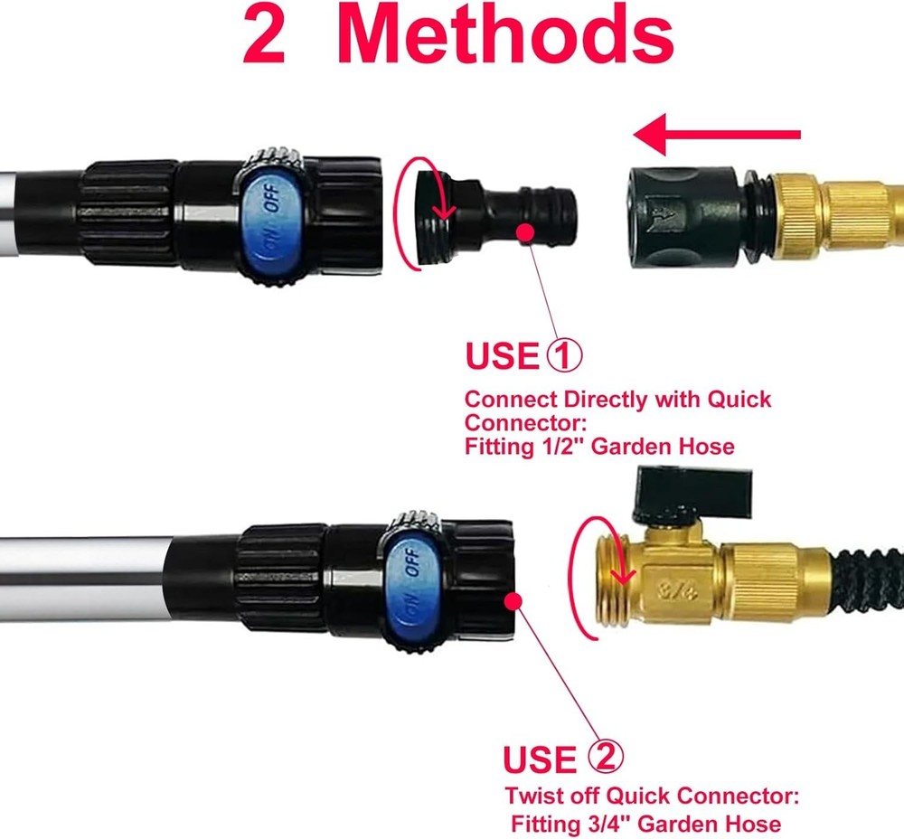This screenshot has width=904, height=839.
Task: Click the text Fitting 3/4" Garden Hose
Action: [645, 823]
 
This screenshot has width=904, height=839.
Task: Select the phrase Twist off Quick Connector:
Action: [652, 797]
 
